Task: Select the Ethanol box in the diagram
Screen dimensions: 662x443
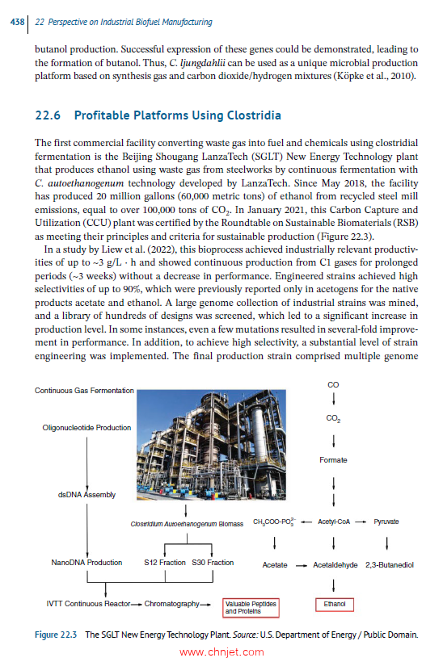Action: coord(334,603)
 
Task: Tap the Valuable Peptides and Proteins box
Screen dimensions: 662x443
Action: coord(251,606)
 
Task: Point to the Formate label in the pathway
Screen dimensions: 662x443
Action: coord(333,460)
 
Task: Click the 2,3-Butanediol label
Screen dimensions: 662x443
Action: coord(390,564)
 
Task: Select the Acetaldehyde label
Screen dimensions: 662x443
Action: coord(335,564)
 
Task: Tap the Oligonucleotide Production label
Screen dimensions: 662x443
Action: coord(81,428)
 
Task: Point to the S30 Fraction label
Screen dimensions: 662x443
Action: coord(213,563)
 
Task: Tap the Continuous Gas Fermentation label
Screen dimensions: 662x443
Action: coord(84,391)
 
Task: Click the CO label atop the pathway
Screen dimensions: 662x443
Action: coord(333,385)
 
